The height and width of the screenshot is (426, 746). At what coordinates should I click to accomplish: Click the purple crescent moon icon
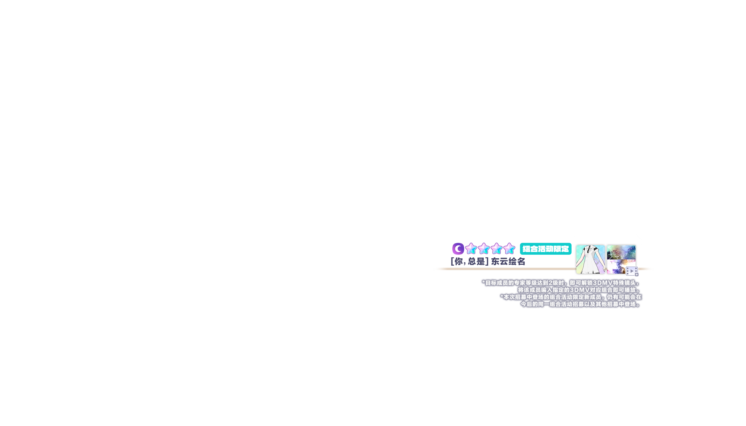click(458, 249)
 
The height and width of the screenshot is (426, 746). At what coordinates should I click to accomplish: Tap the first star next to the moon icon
click(471, 249)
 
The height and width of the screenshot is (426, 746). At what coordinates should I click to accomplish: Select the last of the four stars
click(509, 249)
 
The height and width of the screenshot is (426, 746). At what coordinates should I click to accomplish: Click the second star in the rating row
click(483, 249)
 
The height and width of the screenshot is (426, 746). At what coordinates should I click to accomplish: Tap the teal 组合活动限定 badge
click(545, 249)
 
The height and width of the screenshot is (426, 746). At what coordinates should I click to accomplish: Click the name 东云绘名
click(508, 262)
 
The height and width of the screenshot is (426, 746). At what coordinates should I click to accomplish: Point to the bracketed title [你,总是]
click(469, 262)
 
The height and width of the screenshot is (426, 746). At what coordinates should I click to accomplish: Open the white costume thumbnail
click(590, 259)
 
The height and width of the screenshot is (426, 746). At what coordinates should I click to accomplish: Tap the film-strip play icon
click(631, 271)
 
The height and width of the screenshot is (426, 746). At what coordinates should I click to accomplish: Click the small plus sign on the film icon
click(636, 275)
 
